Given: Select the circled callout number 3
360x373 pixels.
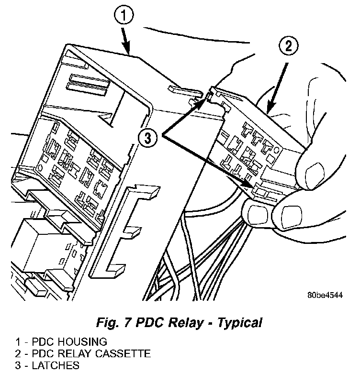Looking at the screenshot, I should (148, 138).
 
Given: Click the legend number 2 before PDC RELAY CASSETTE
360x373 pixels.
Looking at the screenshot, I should (17, 354).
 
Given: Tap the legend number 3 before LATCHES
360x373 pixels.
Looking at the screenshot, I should (17, 366).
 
